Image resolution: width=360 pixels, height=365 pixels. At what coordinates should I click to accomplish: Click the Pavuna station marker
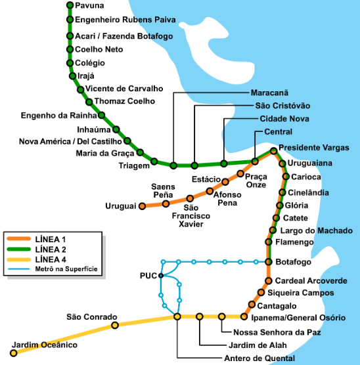(70, 5)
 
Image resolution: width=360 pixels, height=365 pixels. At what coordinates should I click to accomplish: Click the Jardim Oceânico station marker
(12, 352)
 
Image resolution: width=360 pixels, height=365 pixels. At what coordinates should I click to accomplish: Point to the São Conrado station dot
(115, 325)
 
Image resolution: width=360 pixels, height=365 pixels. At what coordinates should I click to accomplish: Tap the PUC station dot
(162, 276)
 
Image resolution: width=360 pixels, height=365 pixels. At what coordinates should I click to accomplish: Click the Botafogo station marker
(269, 262)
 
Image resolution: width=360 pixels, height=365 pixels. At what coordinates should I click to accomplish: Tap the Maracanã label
(269, 93)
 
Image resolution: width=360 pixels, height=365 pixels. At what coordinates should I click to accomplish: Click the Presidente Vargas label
(314, 148)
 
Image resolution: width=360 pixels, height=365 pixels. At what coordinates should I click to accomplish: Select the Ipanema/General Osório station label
(302, 318)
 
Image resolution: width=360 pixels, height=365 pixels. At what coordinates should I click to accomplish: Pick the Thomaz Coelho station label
(125, 101)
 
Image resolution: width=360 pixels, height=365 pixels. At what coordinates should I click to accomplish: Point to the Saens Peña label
(162, 191)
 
